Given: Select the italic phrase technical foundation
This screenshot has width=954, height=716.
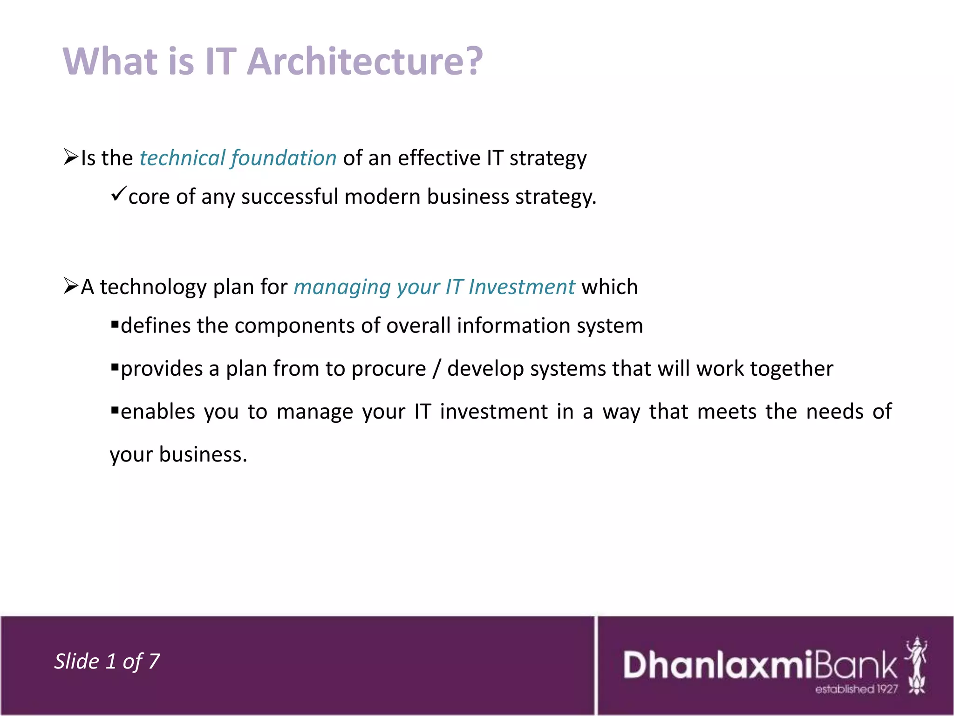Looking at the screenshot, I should click(x=238, y=158).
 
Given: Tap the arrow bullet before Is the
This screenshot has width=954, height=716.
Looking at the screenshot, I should click(x=71, y=157).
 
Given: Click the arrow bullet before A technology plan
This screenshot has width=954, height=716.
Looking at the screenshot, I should click(x=71, y=285).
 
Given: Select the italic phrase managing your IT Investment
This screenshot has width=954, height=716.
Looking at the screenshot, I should click(x=434, y=287).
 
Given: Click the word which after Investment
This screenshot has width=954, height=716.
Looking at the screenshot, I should click(x=609, y=287).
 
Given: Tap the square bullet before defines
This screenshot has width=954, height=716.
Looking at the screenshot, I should click(x=115, y=323).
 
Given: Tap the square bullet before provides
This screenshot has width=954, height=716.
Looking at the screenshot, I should click(x=115, y=366).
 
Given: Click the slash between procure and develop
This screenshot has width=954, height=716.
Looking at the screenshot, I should click(x=436, y=369).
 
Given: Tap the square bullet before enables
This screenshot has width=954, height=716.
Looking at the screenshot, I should click(x=115, y=409).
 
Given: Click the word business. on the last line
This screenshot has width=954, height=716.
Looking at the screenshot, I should click(x=203, y=454).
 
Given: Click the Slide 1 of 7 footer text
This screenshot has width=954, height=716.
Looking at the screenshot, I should click(x=107, y=661).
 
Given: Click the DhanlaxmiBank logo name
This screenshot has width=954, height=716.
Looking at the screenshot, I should click(x=760, y=665).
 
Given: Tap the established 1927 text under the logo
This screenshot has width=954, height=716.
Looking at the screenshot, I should click(x=856, y=689).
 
